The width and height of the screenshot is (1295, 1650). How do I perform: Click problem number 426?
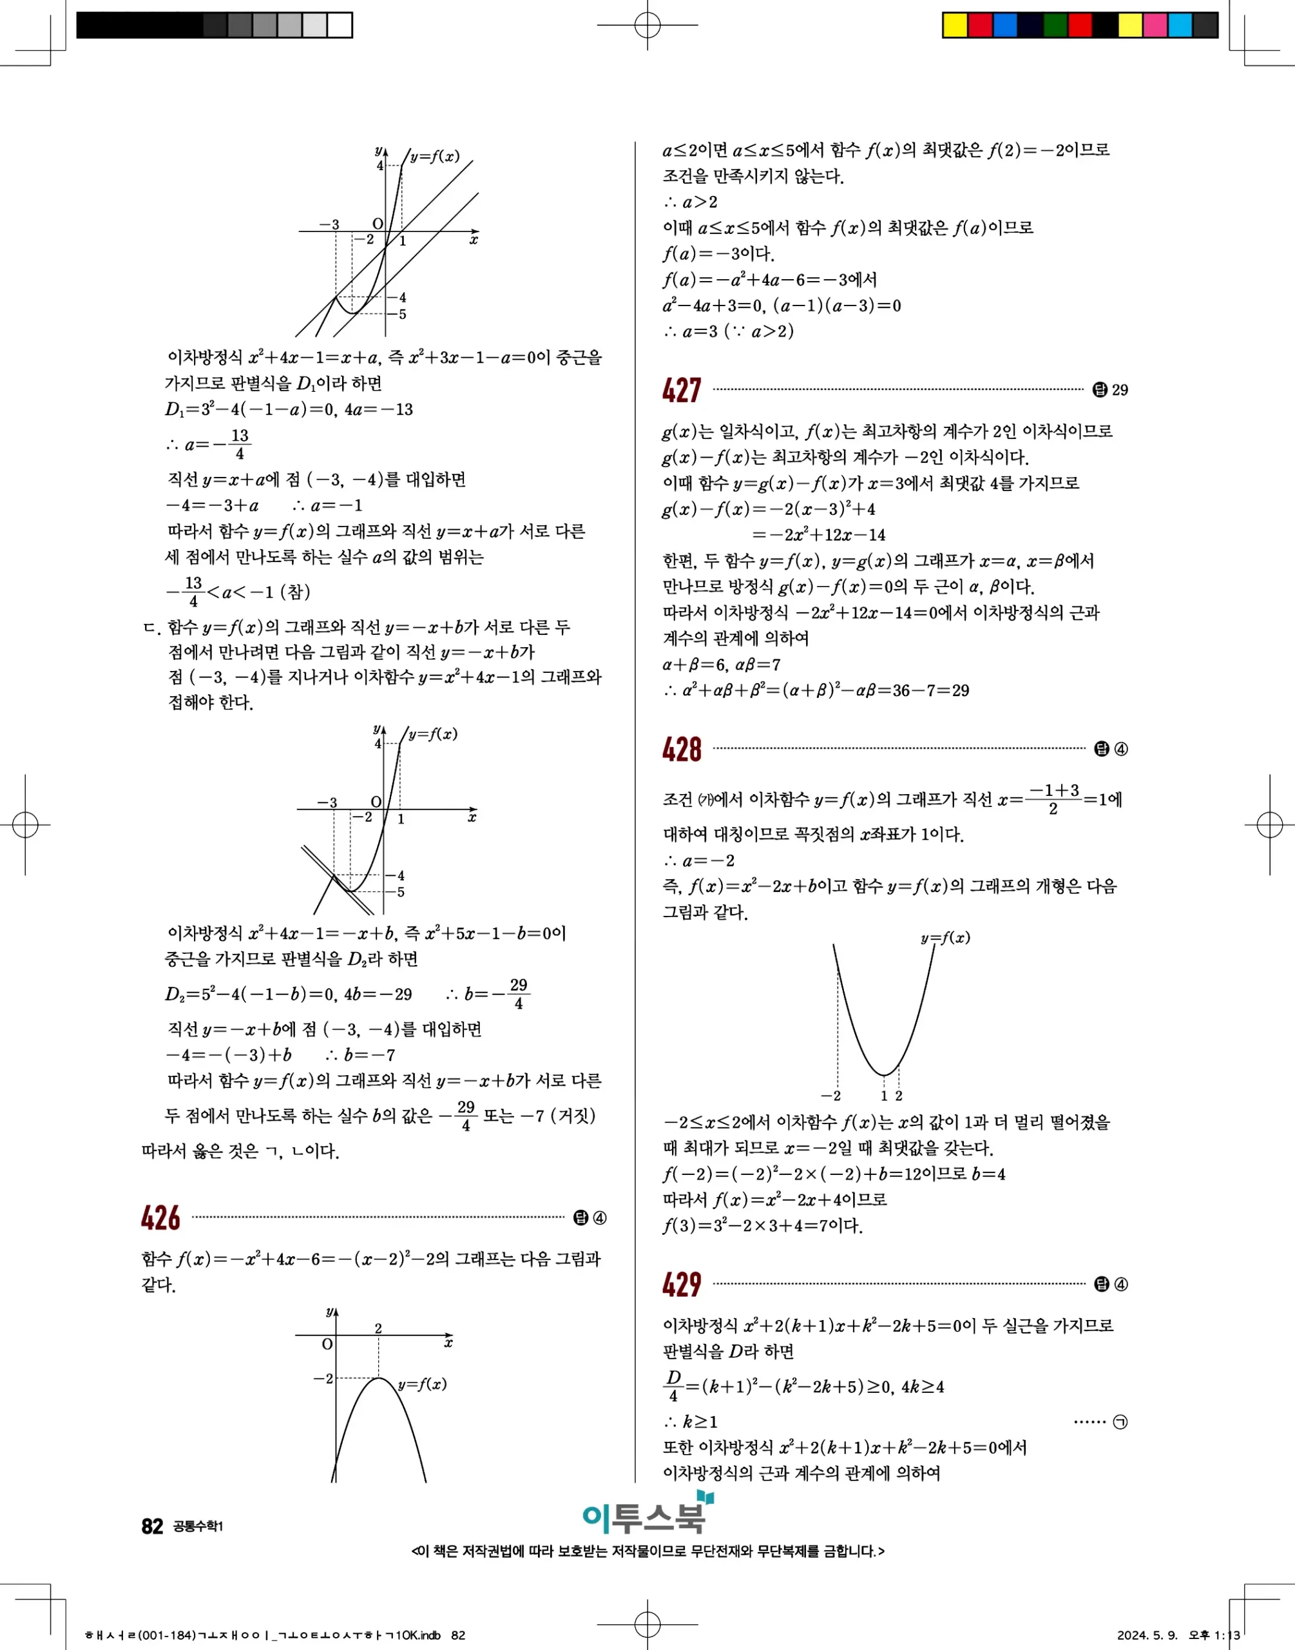[160, 1219]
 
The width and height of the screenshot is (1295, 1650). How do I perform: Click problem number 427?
[682, 391]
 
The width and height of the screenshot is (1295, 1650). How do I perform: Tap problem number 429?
[682, 1285]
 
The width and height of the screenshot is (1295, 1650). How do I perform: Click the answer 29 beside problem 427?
[1119, 391]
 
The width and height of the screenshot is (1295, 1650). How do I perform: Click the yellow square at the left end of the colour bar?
[955, 25]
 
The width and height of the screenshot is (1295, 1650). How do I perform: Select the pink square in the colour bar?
[1155, 25]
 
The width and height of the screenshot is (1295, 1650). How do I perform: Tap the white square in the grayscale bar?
[340, 25]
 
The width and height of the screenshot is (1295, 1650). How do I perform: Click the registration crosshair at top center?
[647, 25]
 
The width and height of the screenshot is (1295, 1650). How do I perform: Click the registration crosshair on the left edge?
[25, 824]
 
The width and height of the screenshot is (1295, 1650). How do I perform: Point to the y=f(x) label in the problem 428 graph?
[945, 938]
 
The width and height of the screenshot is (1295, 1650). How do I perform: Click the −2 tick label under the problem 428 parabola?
[831, 1096]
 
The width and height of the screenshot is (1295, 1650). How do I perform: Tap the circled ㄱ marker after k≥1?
[1120, 1422]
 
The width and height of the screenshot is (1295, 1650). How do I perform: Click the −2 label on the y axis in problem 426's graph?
[323, 1378]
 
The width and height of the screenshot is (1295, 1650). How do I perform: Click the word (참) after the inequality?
[295, 592]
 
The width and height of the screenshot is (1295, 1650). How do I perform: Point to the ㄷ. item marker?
[151, 628]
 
